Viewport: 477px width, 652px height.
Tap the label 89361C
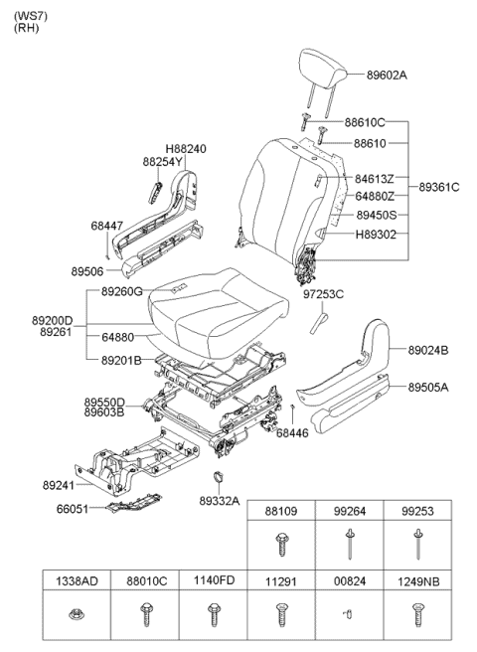pyautogui.click(x=438, y=186)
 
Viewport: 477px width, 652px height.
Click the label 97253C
pyautogui.click(x=323, y=294)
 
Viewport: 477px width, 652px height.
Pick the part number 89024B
pyautogui.click(x=428, y=350)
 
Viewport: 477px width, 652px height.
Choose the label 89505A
pyautogui.click(x=428, y=389)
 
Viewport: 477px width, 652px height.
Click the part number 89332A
pyautogui.click(x=219, y=501)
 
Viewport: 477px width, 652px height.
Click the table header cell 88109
pyautogui.click(x=281, y=511)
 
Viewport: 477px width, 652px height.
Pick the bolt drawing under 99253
pyautogui.click(x=418, y=546)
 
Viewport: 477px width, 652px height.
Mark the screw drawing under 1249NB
pyautogui.click(x=418, y=616)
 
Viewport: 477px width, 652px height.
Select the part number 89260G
pyautogui.click(x=121, y=291)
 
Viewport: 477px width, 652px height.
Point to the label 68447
pyautogui.click(x=107, y=226)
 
